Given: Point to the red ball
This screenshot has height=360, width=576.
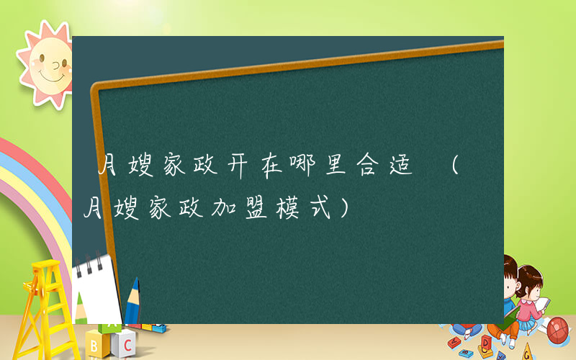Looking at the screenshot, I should [x=557, y=330].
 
